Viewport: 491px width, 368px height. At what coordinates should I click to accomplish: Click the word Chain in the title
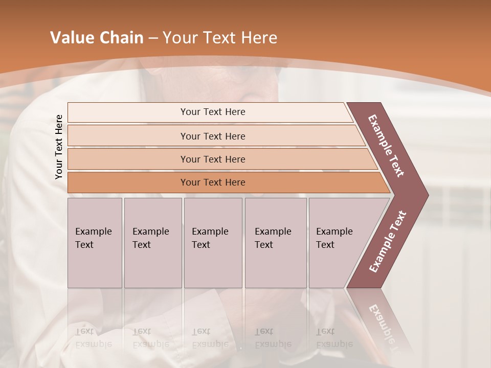pos(121,38)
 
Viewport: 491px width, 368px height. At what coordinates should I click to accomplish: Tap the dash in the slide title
pos(153,38)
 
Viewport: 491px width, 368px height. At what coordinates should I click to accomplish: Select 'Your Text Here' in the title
pos(219,38)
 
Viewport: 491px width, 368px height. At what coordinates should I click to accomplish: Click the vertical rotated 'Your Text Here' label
pos(59,147)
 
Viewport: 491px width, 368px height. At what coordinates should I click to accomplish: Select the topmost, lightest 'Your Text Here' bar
pos(212,112)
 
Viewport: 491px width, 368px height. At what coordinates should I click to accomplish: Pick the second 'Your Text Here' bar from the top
pos(212,136)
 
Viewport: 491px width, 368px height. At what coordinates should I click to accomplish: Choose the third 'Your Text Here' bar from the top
pos(212,159)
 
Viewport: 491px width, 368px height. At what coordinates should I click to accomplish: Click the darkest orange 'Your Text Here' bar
pos(212,182)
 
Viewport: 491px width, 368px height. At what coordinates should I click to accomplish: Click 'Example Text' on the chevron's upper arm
pos(387,146)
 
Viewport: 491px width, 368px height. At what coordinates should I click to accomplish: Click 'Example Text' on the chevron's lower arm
pos(388,242)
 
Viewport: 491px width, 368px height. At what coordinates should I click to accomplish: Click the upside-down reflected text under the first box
pos(94,337)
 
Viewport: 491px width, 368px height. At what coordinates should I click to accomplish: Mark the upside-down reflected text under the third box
pos(210,337)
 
